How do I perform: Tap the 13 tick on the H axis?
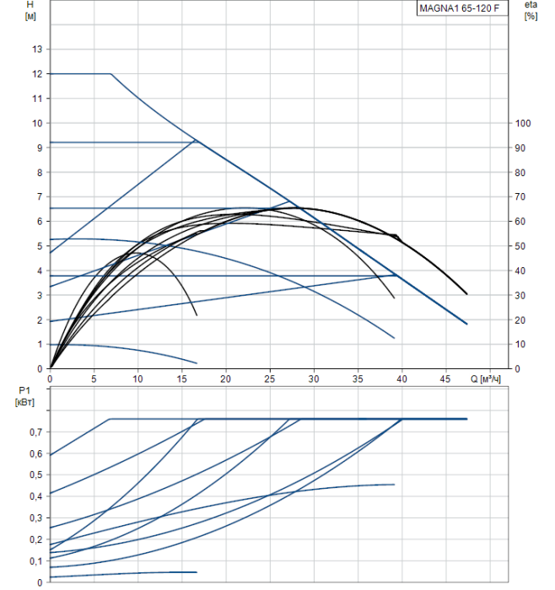coord(37,50)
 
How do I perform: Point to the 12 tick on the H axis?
coord(37,74)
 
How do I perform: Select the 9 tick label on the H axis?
coord(37,147)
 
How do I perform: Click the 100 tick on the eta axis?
coord(524,124)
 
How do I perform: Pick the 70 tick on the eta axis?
coord(521,197)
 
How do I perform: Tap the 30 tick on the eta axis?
coord(521,296)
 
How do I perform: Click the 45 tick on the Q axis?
coord(445,379)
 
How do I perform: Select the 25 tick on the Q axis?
coord(270,379)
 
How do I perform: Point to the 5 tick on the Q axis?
coord(94,379)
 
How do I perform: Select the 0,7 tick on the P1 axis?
coord(33,432)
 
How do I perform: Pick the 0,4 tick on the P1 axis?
coord(33,496)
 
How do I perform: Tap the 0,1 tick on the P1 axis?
coord(33,561)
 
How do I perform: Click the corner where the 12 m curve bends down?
coord(111,74)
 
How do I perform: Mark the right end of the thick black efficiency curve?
coord(466,294)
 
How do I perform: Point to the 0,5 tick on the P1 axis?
coord(33,475)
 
